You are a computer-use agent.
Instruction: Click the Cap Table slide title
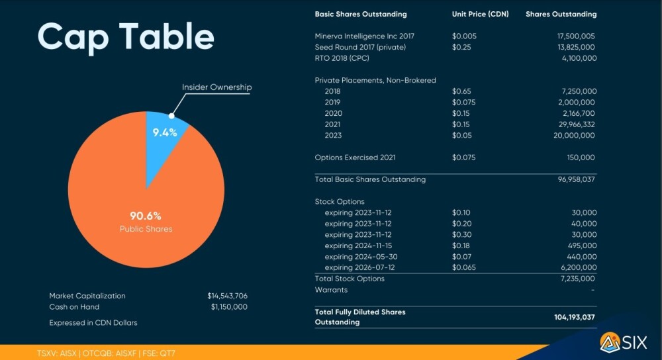point(126,37)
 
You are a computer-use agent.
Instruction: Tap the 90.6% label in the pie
point(146,216)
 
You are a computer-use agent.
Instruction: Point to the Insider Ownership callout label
point(216,87)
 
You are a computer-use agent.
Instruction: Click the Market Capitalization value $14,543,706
point(227,296)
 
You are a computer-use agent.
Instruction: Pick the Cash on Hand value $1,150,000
point(229,307)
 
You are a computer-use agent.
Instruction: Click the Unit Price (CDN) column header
point(479,14)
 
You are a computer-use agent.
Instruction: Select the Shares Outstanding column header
point(561,14)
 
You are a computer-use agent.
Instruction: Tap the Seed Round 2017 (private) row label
point(360,47)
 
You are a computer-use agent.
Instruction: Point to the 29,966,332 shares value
point(572,124)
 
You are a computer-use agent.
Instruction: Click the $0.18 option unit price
point(461,246)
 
